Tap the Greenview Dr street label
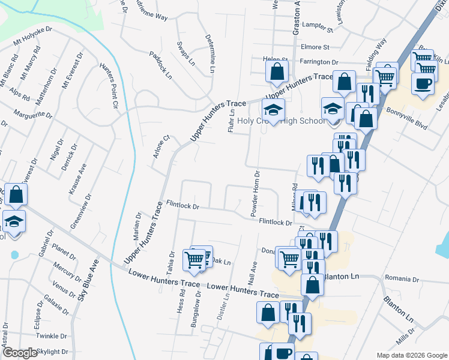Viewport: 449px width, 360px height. (x=82, y=211)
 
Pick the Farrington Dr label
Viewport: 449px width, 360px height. (x=320, y=62)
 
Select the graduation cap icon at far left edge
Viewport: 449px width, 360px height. (x=13, y=222)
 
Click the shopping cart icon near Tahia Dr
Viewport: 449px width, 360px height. (x=194, y=259)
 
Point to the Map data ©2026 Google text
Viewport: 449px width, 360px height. (x=411, y=355)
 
